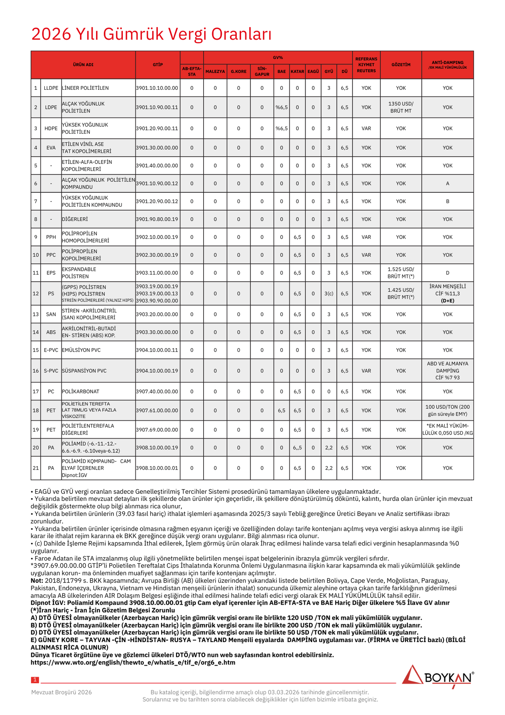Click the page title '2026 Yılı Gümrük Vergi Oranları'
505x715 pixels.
click(x=151, y=34)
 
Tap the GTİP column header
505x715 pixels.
click(x=158, y=65)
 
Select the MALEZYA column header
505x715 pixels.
click(x=215, y=71)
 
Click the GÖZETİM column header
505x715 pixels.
click(x=401, y=65)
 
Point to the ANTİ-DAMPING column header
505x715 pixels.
click(x=447, y=64)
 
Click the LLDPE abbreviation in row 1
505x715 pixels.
click(x=51, y=88)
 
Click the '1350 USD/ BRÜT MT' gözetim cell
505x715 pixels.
click(x=401, y=107)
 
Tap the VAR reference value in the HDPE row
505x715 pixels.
click(x=366, y=128)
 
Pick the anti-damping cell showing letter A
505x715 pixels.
click(x=447, y=184)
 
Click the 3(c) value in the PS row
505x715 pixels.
click(x=329, y=293)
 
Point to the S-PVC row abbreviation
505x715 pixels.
click(x=51, y=371)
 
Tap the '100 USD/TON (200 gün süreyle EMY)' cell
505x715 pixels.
click(x=447, y=410)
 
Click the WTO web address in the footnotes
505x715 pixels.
click(x=133, y=662)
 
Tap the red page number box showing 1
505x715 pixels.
click(x=35, y=680)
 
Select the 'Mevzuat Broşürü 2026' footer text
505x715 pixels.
click(x=61, y=692)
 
